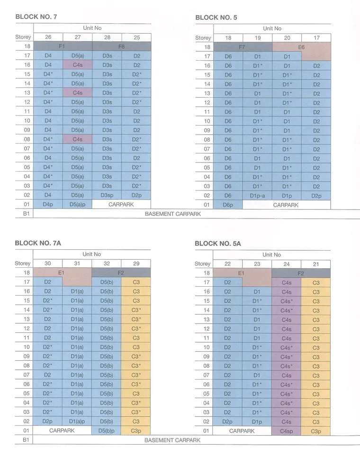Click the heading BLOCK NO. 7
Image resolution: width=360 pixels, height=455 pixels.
36,17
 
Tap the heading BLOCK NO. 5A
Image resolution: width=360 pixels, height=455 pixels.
218,244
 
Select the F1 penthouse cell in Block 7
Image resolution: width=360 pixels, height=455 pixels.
63,46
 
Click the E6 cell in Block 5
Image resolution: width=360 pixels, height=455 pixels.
302,51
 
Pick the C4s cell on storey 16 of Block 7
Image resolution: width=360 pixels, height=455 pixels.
78,65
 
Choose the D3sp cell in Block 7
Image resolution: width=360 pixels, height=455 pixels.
107,195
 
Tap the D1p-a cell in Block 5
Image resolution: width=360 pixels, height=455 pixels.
257,196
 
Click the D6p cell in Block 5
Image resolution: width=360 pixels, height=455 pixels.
228,205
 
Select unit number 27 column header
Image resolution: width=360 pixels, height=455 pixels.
78,37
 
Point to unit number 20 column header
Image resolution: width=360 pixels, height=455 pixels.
287,38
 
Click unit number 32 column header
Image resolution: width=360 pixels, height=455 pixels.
107,264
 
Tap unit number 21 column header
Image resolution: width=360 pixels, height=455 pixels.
316,264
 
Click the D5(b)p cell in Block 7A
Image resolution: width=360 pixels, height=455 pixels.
106,431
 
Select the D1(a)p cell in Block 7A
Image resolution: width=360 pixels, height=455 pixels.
77,421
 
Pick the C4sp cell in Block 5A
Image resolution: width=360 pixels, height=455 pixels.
286,431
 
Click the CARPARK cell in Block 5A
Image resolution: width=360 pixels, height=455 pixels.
242,431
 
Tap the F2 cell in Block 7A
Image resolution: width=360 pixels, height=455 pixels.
121,273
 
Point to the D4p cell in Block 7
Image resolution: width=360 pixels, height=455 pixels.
48,204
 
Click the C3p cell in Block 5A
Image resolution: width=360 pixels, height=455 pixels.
316,431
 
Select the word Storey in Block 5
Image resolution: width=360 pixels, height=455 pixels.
203,38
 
